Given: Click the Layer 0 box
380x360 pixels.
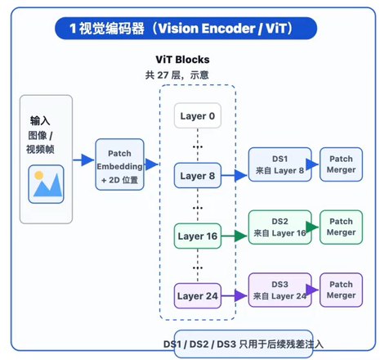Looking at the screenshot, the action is coord(198,115).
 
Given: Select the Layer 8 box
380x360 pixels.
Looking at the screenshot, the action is coord(198,176).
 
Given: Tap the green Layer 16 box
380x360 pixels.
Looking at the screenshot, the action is coord(198,236).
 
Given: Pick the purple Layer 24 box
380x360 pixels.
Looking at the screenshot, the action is coord(198,296).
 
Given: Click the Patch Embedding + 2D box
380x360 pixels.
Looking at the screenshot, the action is coord(119,164).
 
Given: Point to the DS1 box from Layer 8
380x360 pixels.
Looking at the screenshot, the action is coord(279,164).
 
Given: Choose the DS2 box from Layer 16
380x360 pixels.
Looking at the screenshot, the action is coord(279,227).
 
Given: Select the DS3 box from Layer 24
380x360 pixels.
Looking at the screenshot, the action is coord(279,290).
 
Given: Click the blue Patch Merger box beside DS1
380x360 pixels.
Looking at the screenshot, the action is coord(341,164).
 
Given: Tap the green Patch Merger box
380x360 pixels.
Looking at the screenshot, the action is coord(341,227).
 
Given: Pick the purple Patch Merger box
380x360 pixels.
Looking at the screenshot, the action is coord(341,290).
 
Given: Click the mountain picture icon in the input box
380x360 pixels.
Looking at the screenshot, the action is coord(46,184).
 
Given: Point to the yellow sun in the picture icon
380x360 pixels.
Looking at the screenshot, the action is coord(39,175).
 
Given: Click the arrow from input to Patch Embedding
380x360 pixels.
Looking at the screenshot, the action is coord(83,160).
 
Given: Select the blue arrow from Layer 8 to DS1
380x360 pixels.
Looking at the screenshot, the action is coord(234,176).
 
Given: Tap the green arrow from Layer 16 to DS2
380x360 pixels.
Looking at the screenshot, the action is coord(234,236).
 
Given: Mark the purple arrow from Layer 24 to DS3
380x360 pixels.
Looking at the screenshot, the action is coord(234,296).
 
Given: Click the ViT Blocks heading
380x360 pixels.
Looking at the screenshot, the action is coord(182,60).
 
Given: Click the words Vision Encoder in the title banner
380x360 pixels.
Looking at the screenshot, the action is coord(207,29).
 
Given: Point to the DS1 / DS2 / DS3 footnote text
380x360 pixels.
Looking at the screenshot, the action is coord(244,344).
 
